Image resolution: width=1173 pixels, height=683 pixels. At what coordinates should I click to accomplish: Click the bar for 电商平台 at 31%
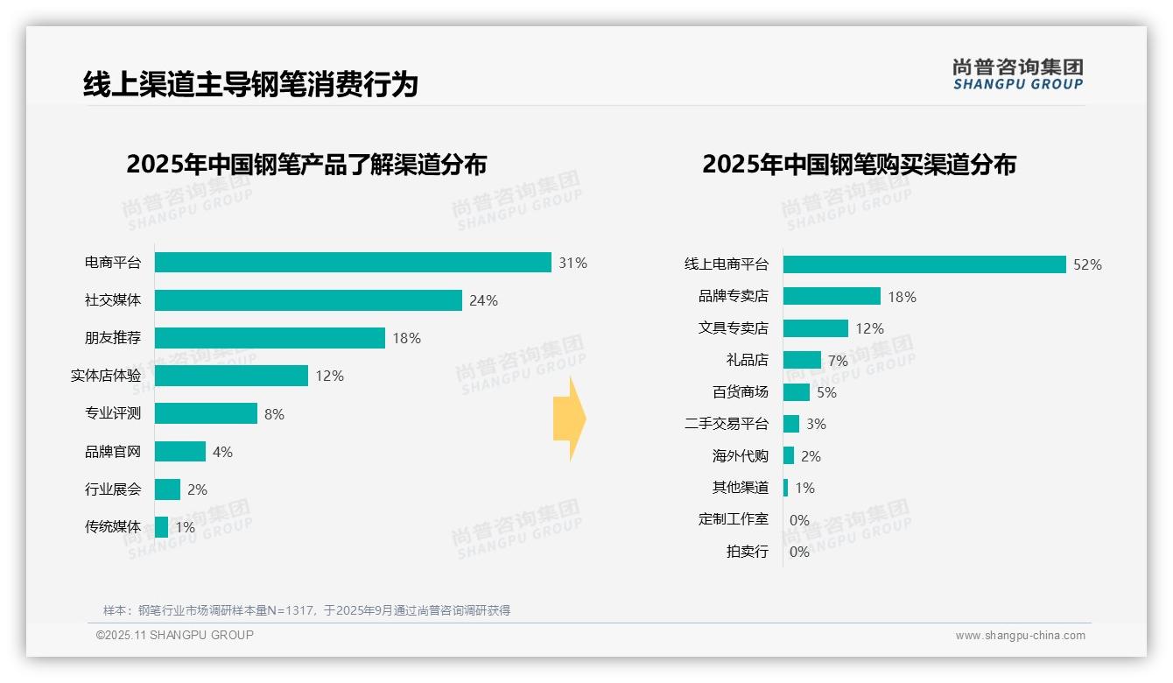353,263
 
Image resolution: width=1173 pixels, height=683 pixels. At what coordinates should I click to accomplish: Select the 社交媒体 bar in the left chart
308,300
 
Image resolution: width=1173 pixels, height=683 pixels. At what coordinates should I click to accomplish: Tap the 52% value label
1087,264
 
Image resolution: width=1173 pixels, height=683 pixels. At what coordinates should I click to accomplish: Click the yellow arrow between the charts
569,419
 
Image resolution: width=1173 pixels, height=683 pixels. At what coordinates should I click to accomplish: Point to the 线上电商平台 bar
924,264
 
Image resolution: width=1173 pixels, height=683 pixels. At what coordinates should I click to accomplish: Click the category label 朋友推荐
112,338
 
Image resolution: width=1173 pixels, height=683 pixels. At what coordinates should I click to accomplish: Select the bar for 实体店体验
231,376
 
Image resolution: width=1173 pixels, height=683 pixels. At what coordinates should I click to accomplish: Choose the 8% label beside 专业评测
274,414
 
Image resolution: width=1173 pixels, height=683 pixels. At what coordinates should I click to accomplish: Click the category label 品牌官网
112,452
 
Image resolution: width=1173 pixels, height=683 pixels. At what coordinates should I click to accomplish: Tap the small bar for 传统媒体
161,527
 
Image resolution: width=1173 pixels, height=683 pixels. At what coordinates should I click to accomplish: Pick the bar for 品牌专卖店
832,296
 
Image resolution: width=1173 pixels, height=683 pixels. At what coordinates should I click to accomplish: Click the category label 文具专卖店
733,328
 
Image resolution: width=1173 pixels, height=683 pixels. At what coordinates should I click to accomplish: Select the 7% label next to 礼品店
838,361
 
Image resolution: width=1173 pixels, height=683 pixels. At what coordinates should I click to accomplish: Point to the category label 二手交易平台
726,424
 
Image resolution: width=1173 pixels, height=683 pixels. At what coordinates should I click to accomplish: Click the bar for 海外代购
789,455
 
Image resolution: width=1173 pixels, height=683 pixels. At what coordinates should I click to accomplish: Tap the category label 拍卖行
747,552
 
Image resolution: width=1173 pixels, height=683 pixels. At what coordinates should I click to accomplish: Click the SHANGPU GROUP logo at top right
1017,74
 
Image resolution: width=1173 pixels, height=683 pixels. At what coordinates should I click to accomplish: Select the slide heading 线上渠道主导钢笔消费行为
250,84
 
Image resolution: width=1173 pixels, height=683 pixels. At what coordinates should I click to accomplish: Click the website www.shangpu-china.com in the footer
1020,636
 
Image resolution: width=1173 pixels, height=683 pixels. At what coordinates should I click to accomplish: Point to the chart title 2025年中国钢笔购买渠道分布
859,165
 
